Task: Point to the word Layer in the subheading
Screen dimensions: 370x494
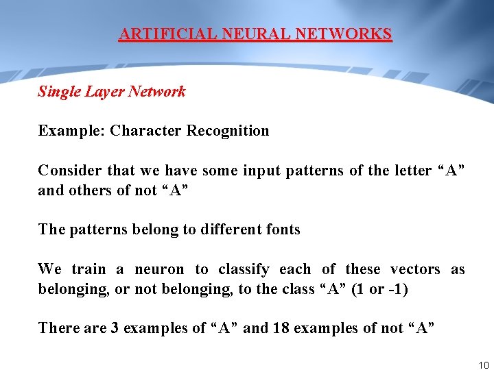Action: click(104, 92)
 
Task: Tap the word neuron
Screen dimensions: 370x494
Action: click(159, 269)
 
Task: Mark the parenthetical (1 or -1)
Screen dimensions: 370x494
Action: click(379, 289)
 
